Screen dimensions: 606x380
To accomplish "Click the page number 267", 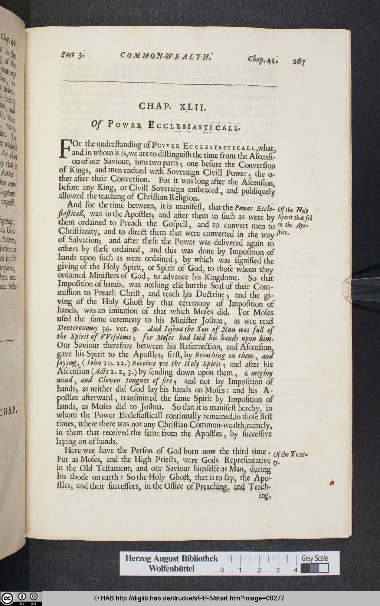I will pyautogui.click(x=298, y=61).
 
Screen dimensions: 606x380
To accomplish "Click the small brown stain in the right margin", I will pyautogui.click(x=332, y=483).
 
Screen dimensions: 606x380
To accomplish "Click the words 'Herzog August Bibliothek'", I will pyautogui.click(x=171, y=558).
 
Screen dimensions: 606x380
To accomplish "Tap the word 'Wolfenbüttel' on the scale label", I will pyautogui.click(x=171, y=569).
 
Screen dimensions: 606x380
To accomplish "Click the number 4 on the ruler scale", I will pyautogui.click(x=295, y=570).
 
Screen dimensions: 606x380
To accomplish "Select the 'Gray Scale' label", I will pyautogui.click(x=314, y=558).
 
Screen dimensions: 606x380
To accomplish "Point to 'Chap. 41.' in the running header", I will pyautogui.click(x=264, y=59).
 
